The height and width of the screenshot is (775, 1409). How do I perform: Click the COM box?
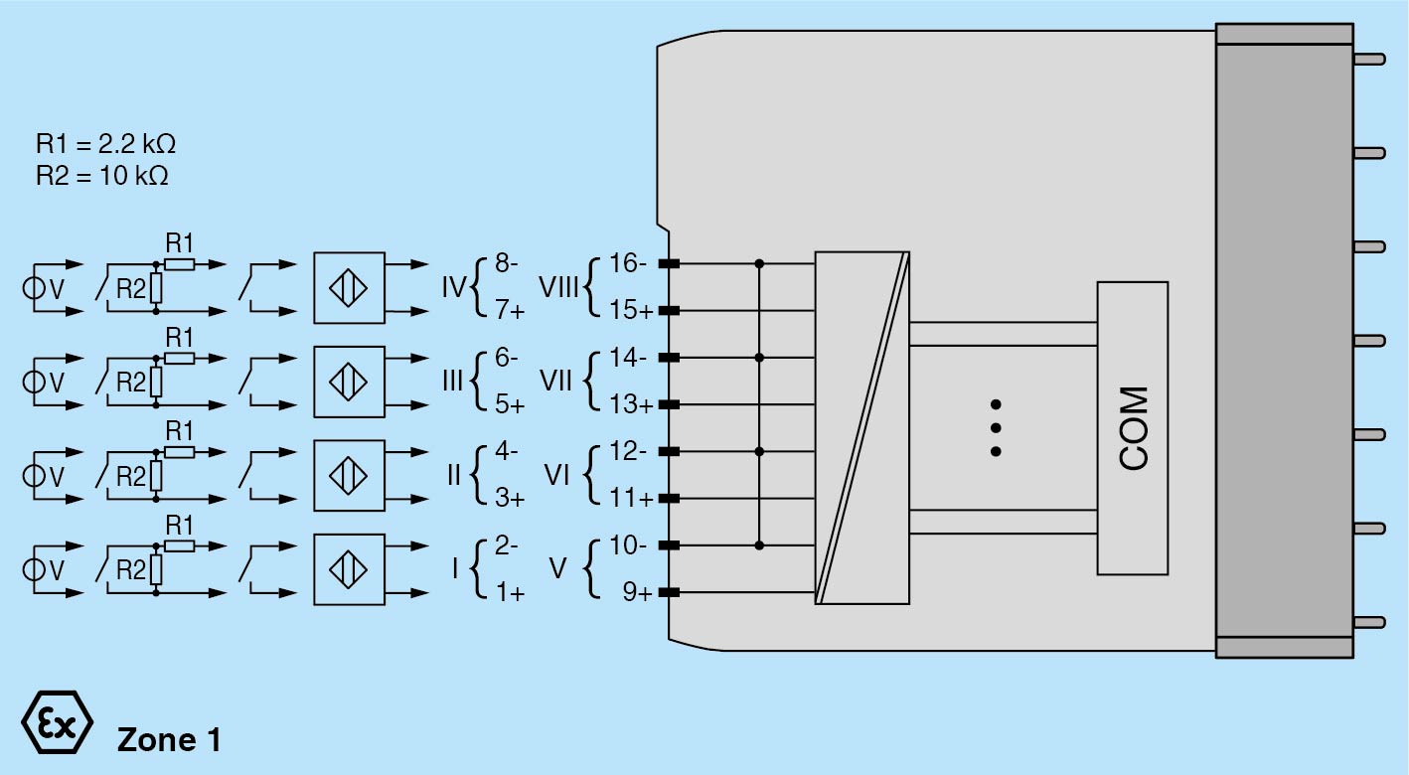coord(1132,428)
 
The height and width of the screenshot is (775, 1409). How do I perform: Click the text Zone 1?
coord(169,739)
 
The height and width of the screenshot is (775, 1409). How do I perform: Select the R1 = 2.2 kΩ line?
coord(105,145)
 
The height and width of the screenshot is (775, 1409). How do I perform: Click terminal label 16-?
coord(629,264)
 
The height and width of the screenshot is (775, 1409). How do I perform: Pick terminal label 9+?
coord(637,593)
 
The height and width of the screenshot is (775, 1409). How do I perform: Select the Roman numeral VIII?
coord(559,288)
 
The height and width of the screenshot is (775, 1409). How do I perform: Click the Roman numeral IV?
coord(453,288)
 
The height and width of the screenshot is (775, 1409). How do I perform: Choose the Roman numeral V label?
coord(557,568)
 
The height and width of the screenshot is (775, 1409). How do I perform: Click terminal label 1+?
coord(510,593)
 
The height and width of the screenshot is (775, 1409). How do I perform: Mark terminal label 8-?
coord(507,264)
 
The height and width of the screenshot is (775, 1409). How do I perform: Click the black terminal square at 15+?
coord(669,311)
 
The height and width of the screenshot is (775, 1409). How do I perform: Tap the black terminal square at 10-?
coord(669,545)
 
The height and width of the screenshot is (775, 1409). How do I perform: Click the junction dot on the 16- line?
coord(760,264)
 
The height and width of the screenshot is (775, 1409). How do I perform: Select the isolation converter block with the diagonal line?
coord(862,427)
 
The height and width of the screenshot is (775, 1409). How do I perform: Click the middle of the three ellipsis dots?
coord(995,428)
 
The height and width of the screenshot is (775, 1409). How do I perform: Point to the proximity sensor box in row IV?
coord(349,288)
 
